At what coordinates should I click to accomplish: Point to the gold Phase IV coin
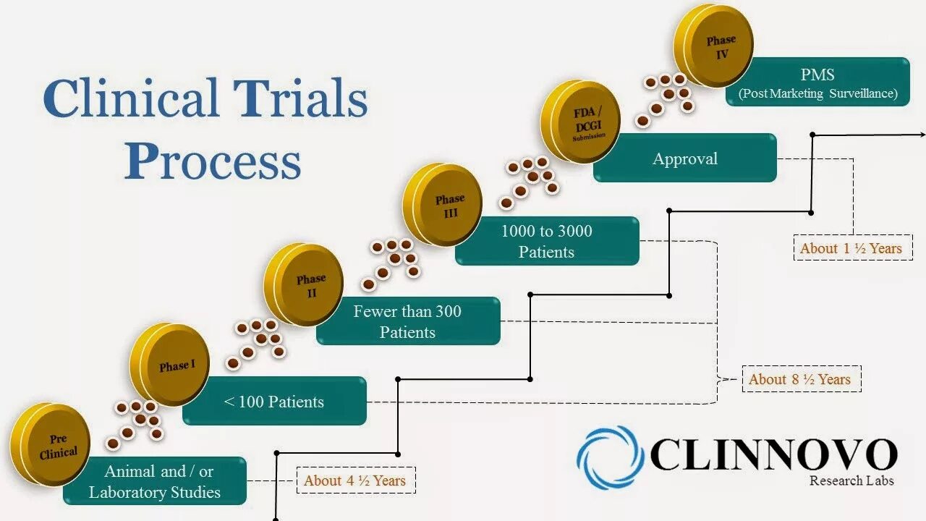pyautogui.click(x=716, y=46)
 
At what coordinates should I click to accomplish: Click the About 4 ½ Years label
pyautogui.click(x=355, y=480)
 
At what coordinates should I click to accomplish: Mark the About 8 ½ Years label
pyautogui.click(x=801, y=379)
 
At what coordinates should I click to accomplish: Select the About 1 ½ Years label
pyautogui.click(x=851, y=248)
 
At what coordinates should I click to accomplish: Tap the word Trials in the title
pyautogui.click(x=300, y=99)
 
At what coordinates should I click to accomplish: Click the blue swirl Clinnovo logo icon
pyautogui.click(x=609, y=457)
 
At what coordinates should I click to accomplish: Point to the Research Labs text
pyautogui.click(x=851, y=481)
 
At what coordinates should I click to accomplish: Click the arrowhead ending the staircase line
pyautogui.click(x=921, y=134)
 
